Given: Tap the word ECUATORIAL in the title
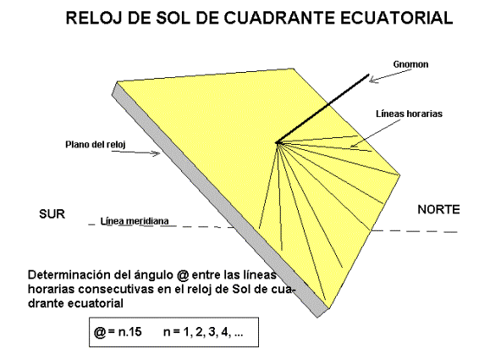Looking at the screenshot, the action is [x=396, y=18].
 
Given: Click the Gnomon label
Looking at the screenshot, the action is [x=410, y=64].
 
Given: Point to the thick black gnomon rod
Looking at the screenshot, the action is [x=322, y=108].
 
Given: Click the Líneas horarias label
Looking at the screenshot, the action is [x=409, y=114].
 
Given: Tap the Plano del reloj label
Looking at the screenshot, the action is [x=96, y=144].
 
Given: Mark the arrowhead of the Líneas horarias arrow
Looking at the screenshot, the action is [x=351, y=147].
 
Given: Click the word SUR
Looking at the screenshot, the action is [x=52, y=213].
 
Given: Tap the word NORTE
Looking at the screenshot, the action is [x=438, y=209].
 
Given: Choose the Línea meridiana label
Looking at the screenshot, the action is [x=135, y=221].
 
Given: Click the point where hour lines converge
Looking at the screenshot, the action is [x=278, y=142].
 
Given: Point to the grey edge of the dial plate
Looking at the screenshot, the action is [x=215, y=201].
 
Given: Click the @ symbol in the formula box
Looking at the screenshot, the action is [x=100, y=332].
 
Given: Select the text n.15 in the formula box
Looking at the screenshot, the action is [x=130, y=332].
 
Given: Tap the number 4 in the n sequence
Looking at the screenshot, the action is [x=225, y=332].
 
